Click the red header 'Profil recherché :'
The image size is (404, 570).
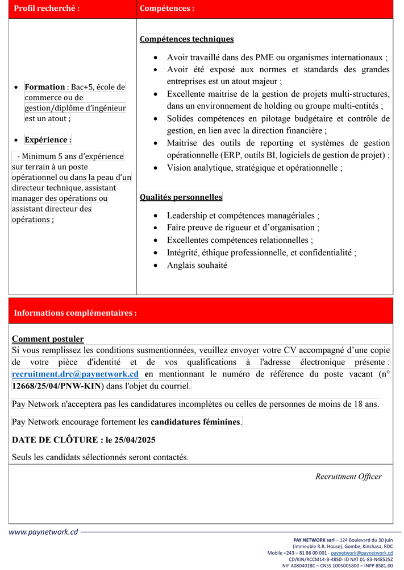(x=47, y=9)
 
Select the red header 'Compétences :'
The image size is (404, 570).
(x=167, y=9)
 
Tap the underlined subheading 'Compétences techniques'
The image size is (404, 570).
(x=186, y=39)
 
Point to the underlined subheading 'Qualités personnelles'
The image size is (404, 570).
(x=181, y=197)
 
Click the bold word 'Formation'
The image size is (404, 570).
(x=44, y=87)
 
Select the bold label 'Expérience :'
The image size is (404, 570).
(x=48, y=139)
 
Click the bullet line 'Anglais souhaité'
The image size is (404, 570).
(x=197, y=265)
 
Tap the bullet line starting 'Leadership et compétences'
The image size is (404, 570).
(x=243, y=216)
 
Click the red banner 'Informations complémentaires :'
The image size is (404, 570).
(x=75, y=313)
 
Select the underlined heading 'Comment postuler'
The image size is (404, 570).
(x=48, y=339)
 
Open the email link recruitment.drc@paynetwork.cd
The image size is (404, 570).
(x=75, y=374)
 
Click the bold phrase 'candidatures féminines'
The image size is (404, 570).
(x=195, y=422)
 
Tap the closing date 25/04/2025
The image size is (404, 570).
(x=133, y=440)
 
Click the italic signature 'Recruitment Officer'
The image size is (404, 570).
(x=348, y=477)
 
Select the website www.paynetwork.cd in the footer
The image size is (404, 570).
(x=43, y=532)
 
